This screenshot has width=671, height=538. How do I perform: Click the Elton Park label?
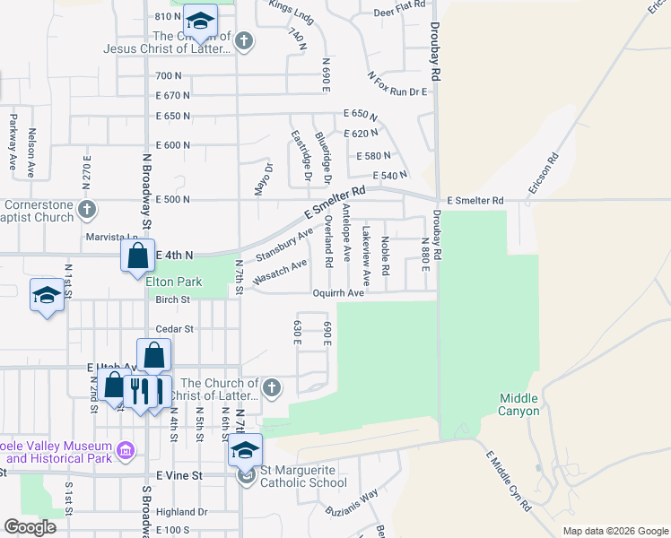174,282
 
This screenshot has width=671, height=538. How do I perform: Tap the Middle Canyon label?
519,404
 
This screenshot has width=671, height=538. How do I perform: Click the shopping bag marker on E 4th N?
138,255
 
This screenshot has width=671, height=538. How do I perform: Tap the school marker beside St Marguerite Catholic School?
244,450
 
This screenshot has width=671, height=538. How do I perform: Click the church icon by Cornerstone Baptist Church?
86,210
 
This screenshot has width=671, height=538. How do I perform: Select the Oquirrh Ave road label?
338,292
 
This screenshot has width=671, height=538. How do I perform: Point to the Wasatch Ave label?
280,273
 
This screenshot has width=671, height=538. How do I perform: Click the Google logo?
30,527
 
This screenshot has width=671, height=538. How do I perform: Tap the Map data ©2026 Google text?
614,531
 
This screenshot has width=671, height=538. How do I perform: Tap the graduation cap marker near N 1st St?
48,297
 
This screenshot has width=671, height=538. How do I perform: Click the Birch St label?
173,299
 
